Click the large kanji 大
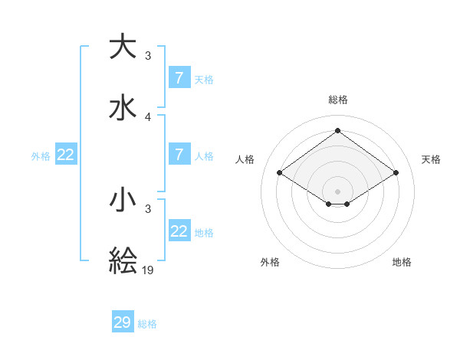(123, 47)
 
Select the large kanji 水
(123, 107)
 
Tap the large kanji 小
(123, 200)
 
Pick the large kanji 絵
(123, 260)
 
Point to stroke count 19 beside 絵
(149, 270)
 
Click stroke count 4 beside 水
(148, 116)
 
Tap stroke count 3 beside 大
(148, 56)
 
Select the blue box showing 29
(123, 322)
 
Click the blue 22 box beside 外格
(66, 155)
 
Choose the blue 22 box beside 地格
(179, 231)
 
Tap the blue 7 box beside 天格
(179, 77)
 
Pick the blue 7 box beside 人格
(179, 155)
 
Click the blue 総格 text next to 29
(147, 324)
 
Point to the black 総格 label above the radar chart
(338, 100)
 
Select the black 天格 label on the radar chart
(432, 159)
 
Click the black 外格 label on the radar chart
(270, 262)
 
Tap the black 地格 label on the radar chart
(402, 262)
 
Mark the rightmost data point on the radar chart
(396, 173)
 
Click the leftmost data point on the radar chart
(280, 173)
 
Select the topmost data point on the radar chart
(337, 131)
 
